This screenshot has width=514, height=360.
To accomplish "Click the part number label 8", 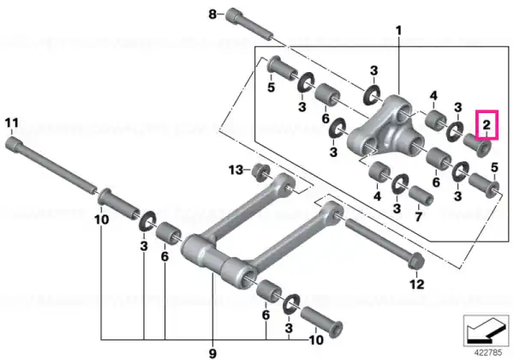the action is (x=212, y=15).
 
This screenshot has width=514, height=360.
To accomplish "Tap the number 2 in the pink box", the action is (x=487, y=124).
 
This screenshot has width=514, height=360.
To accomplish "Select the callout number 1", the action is (x=398, y=31).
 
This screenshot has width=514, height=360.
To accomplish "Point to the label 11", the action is (x=12, y=123).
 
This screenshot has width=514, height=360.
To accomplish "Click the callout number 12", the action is (x=417, y=284).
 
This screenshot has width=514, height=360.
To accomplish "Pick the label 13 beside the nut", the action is (x=236, y=171).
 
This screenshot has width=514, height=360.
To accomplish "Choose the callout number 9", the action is (x=212, y=354).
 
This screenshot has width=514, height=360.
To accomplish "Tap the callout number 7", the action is (x=418, y=217).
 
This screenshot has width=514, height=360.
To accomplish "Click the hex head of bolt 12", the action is (x=416, y=261).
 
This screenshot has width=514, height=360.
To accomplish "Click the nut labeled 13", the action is (x=261, y=172).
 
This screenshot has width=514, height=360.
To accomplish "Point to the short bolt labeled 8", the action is (x=249, y=24).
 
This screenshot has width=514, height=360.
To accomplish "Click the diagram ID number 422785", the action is (x=488, y=353).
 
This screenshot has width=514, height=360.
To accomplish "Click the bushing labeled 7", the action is (x=421, y=195).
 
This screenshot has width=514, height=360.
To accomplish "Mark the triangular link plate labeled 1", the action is (x=385, y=129).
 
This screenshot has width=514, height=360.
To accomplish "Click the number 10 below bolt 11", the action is (x=101, y=219).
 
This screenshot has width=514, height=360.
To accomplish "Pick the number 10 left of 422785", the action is (x=316, y=340).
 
